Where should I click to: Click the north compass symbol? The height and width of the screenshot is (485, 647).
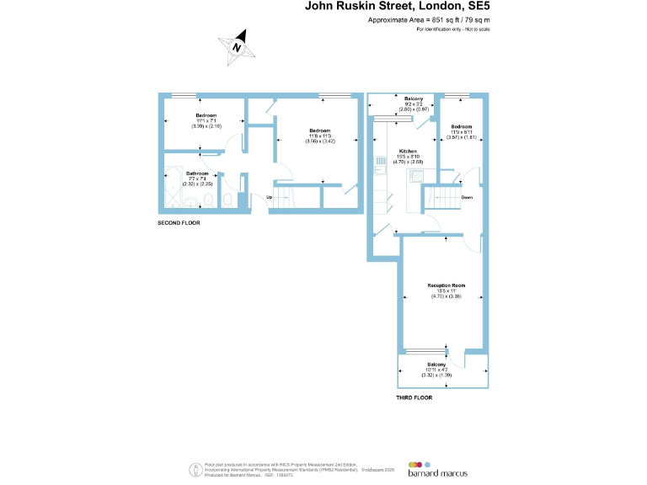tap(238, 47)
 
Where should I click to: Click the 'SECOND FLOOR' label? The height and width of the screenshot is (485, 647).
tap(179, 223)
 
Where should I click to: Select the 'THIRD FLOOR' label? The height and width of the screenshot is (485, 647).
tap(414, 397)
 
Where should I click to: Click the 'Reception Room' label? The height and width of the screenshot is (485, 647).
tap(442, 286)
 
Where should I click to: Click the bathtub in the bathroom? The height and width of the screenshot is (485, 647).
tap(171, 191)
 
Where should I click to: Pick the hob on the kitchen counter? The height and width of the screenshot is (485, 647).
tap(416, 175)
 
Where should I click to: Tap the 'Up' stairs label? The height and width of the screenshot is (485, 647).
tap(269, 198)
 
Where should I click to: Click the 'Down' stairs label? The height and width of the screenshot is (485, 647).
tap(466, 197)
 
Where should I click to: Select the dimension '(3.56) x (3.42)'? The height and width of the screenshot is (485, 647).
tap(319, 141)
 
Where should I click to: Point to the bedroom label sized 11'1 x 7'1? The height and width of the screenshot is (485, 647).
tap(206, 115)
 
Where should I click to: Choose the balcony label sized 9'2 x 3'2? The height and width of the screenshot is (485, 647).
tap(413, 99)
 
